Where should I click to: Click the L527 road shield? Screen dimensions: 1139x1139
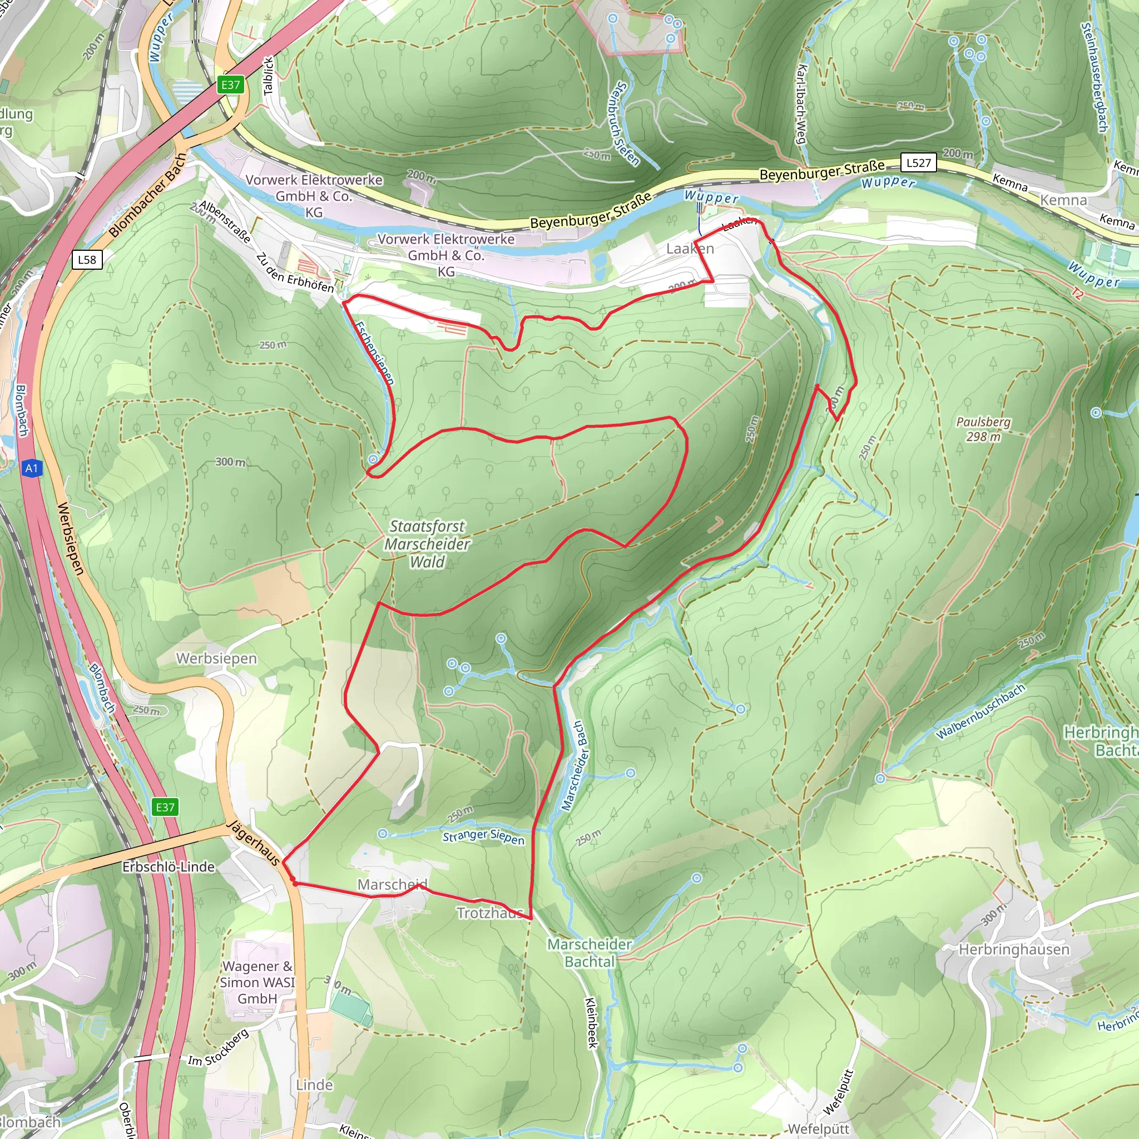coord(919,163)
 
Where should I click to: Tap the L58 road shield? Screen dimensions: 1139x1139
coord(87,259)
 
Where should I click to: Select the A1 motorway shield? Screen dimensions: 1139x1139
coord(32,469)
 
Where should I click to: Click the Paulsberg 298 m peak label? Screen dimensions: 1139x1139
coord(983,429)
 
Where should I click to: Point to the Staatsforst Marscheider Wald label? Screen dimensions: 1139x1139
coord(427,543)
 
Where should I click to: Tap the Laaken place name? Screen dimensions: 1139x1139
coord(690,249)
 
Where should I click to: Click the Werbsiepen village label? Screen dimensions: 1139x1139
coord(216,658)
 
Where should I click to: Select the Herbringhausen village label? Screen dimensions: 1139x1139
coord(1014,949)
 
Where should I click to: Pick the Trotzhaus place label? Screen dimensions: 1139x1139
coord(490,913)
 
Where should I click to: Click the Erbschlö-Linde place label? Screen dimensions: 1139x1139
coord(169,866)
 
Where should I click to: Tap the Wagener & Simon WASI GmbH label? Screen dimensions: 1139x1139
coord(257,982)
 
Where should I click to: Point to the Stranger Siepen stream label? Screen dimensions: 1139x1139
coord(483,837)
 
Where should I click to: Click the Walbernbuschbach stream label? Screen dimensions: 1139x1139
coord(980,711)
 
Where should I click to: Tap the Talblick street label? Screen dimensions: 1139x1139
coord(268,76)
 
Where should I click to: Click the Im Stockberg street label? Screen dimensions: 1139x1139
coord(218,1047)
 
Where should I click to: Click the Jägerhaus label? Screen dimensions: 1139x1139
coord(254,843)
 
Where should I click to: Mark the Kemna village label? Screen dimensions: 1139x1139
coord(1063,200)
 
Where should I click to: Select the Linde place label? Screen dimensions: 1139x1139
coord(314,1084)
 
